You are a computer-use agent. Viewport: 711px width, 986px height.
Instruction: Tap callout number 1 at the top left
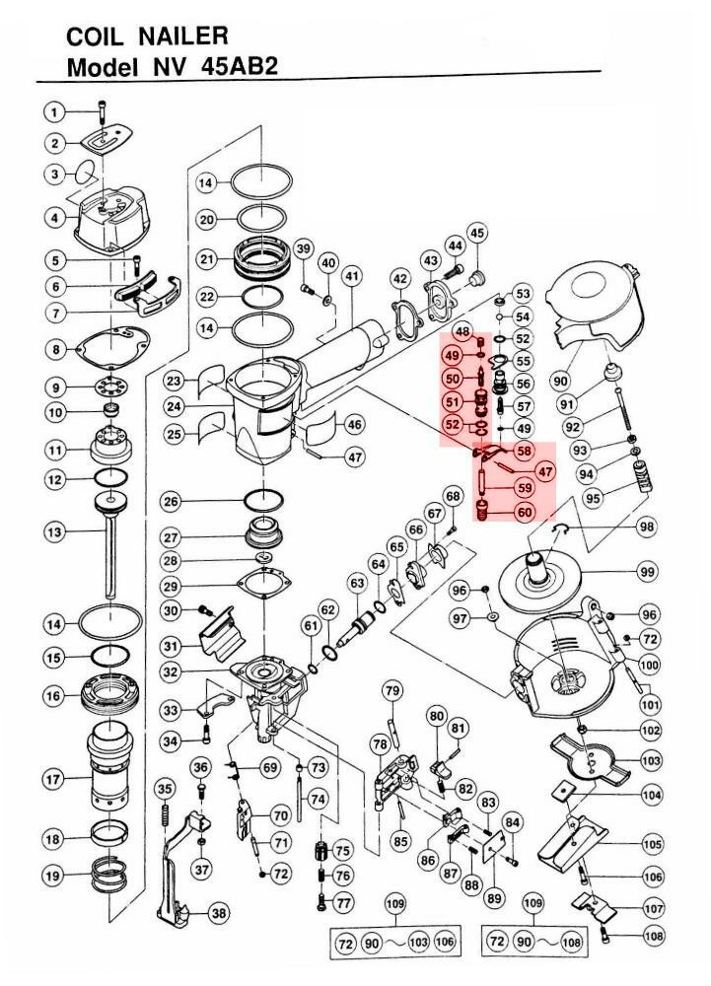(x=54, y=112)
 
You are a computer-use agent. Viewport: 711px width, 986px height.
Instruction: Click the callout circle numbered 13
(x=54, y=532)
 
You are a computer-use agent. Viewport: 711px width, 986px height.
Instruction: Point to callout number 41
(x=353, y=275)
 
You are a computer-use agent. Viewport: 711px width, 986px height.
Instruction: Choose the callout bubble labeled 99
(x=648, y=572)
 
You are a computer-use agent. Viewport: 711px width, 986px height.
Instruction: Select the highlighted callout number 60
(x=526, y=512)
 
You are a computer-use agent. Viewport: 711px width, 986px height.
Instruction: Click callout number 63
(x=357, y=584)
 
